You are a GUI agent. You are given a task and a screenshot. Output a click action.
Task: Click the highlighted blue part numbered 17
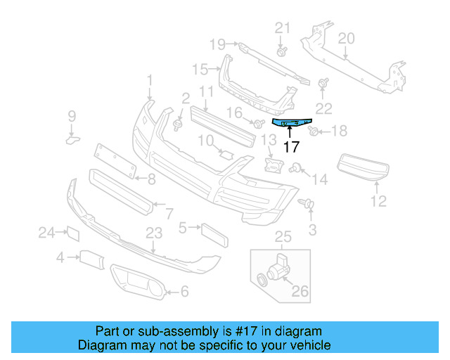coord(291,124)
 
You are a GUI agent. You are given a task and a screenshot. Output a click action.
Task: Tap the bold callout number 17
coord(291,147)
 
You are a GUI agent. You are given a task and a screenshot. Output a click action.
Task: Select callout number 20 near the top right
coord(346,37)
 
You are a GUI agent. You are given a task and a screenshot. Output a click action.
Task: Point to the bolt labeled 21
coord(282,51)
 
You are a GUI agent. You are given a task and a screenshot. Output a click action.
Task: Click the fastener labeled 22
coord(324,84)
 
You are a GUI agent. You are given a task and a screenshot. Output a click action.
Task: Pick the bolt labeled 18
coord(314,130)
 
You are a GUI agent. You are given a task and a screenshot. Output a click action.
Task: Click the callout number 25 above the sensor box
coord(282,236)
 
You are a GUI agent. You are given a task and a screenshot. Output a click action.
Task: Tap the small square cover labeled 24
coord(72,233)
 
